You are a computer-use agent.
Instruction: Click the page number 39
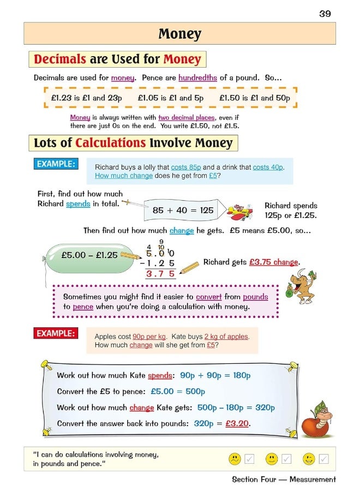(x=325, y=14)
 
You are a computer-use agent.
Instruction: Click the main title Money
(x=179, y=34)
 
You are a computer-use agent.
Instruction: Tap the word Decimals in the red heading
(x=60, y=59)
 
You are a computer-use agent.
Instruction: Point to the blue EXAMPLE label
(x=56, y=164)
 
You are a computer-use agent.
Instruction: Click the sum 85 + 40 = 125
(x=183, y=210)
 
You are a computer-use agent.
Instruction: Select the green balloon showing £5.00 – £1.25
(x=82, y=255)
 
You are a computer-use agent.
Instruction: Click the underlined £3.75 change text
(x=274, y=262)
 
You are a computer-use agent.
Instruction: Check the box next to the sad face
(x=250, y=459)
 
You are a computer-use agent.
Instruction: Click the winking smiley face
(x=309, y=459)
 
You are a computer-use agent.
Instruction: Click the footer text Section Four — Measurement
(x=284, y=479)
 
